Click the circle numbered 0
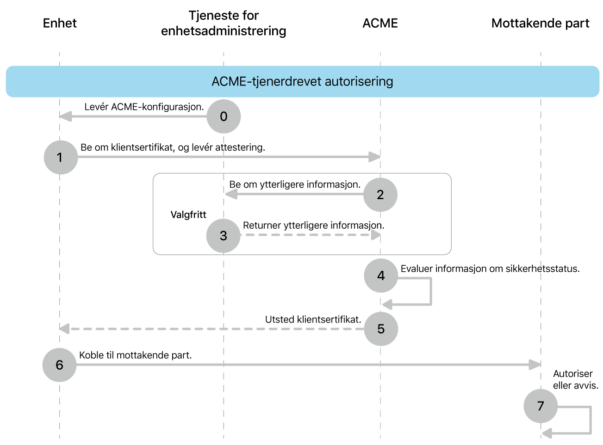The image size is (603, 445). (x=224, y=116)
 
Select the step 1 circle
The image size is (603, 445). (x=61, y=158)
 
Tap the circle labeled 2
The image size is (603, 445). (x=380, y=195)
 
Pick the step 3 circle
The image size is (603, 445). (x=224, y=236)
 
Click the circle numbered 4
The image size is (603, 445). (x=381, y=276)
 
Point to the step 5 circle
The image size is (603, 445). (x=381, y=329)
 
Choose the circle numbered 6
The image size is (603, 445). (x=59, y=365)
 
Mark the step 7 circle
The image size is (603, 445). (x=540, y=406)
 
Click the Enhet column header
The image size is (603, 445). (x=60, y=23)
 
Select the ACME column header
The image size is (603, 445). (x=380, y=23)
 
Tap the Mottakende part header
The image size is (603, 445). (x=540, y=23)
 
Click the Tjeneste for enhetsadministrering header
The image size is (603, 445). (x=224, y=23)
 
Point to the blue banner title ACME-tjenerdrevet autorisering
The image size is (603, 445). (x=302, y=81)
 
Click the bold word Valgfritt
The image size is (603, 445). (x=188, y=215)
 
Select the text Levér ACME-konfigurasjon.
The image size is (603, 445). (x=144, y=107)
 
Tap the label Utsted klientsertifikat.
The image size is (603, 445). (x=313, y=319)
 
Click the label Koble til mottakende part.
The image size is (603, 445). (x=135, y=355)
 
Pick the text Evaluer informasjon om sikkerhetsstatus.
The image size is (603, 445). (x=490, y=268)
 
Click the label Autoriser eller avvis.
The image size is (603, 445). (x=575, y=379)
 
